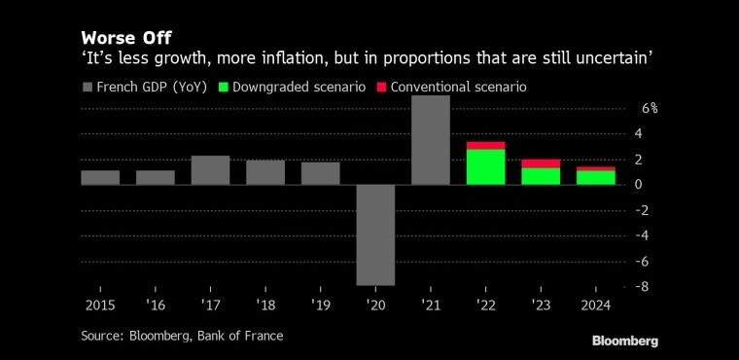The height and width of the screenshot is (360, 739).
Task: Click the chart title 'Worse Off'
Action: [x=125, y=38]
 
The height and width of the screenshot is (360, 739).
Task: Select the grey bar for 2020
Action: [x=375, y=234]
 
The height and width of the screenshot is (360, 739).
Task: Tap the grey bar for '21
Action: [x=431, y=140]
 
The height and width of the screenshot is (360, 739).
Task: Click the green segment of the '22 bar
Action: [x=486, y=166]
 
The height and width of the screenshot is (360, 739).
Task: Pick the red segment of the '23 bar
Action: [x=541, y=163]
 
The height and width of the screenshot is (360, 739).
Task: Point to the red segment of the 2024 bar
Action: [x=596, y=168]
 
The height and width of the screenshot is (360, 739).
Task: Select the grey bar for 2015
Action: [x=100, y=177]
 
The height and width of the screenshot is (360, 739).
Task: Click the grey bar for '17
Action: [x=210, y=170]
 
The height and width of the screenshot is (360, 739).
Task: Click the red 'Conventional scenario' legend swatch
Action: [x=381, y=88]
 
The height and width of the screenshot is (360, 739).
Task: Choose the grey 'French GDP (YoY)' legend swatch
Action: [x=87, y=88]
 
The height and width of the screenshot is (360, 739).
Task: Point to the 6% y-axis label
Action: [x=650, y=108]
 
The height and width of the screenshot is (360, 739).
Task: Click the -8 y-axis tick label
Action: [x=644, y=286]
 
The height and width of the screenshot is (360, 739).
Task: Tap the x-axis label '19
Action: [x=321, y=306]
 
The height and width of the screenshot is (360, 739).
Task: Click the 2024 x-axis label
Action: [x=596, y=306]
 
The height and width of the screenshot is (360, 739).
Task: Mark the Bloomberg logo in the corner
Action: [x=625, y=342]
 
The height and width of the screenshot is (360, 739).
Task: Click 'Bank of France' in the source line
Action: [x=240, y=336]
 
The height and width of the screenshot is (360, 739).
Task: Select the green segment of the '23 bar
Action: [x=541, y=176]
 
